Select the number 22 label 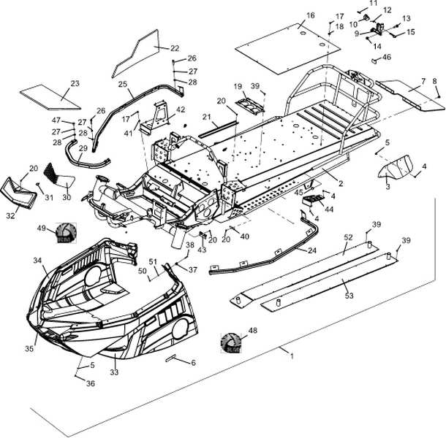(x=175, y=48)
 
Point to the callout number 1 (x=292, y=356)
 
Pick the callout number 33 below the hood (x=114, y=372)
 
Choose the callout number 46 (x=387, y=57)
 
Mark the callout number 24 (x=312, y=250)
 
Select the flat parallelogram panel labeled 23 (x=50, y=93)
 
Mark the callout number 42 (x=181, y=109)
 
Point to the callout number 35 (x=29, y=349)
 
